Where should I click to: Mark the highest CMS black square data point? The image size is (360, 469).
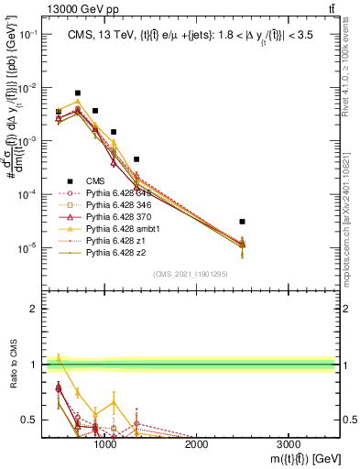pyautogui.click(x=78, y=93)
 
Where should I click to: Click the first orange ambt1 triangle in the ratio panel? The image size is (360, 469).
pyautogui.click(x=59, y=358)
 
